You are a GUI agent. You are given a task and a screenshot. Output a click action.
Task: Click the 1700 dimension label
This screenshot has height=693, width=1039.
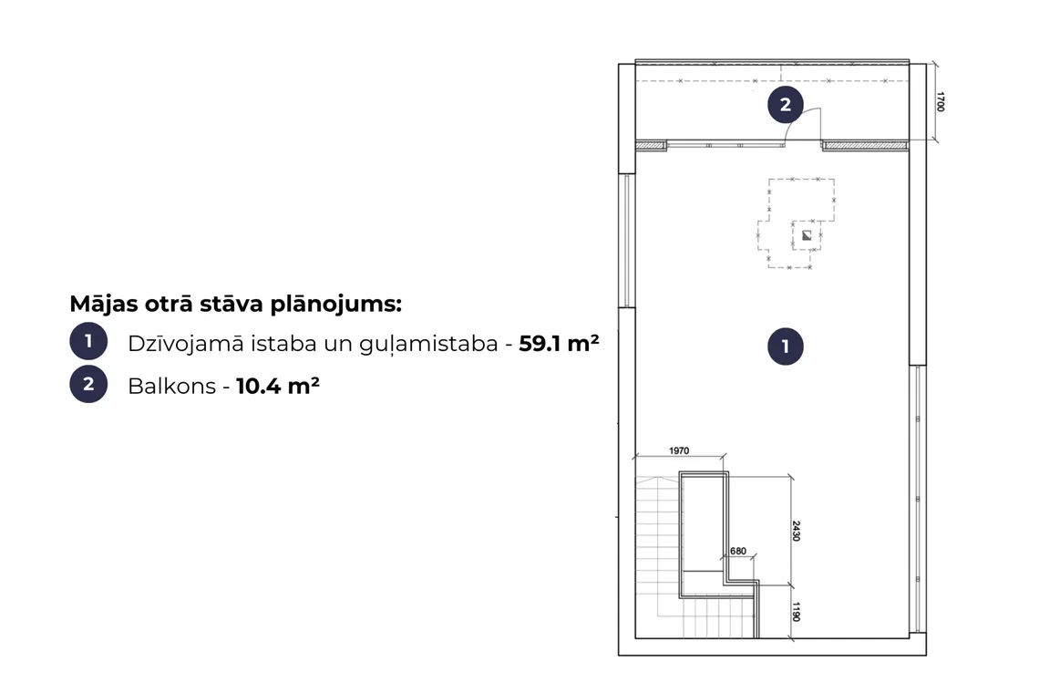(x=941, y=101)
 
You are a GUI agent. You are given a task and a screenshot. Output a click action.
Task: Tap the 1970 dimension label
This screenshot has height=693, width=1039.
(x=679, y=451)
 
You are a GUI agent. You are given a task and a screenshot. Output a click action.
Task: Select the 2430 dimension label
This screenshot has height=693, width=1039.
(x=797, y=531)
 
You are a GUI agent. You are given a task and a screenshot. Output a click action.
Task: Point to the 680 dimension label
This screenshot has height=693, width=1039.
(x=738, y=551)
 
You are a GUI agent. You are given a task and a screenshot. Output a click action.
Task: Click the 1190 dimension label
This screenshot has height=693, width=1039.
(x=797, y=612)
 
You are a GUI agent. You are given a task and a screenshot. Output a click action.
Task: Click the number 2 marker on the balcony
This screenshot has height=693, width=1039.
(x=786, y=105)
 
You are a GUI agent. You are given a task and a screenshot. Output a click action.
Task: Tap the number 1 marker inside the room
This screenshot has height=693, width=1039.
(x=786, y=346)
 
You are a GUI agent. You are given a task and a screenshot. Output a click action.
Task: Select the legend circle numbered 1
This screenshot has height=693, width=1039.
(x=88, y=342)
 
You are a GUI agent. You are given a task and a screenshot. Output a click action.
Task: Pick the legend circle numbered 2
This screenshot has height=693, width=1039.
(x=88, y=384)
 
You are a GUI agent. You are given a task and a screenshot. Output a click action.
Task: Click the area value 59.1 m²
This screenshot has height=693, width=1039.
(x=559, y=344)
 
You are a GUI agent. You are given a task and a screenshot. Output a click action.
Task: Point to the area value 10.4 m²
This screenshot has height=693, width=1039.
(x=278, y=386)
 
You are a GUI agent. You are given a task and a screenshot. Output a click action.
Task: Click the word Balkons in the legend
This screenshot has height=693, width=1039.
(x=171, y=386)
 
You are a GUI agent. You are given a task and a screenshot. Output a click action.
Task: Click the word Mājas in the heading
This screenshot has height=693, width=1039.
(x=104, y=304)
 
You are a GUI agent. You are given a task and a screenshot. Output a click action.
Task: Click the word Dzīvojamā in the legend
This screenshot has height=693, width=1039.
(x=185, y=344)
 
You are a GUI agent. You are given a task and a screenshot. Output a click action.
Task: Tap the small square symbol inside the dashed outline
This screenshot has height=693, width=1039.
(x=807, y=234)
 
